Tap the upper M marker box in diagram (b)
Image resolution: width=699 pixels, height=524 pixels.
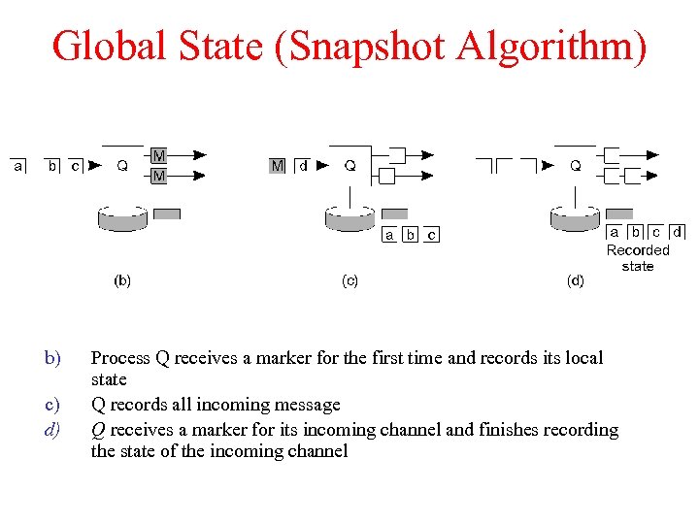[158, 155]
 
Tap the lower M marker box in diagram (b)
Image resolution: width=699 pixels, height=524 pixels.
[158, 176]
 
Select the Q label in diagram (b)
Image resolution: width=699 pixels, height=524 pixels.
[122, 166]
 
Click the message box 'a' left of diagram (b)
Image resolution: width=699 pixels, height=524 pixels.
[18, 166]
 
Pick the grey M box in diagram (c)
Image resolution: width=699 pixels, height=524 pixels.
[278, 166]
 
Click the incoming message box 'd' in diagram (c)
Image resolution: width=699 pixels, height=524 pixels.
[304, 166]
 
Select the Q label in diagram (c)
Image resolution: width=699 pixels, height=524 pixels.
[350, 166]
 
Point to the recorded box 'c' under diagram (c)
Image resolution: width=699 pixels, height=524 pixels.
[431, 235]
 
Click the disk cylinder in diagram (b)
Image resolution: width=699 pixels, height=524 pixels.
[122, 219]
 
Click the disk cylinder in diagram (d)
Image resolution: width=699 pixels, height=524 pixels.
[575, 219]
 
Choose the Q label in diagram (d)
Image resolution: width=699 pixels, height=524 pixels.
[576, 166]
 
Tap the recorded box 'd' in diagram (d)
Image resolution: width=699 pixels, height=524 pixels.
[677, 232]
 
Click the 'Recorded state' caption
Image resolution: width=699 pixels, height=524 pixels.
[638, 258]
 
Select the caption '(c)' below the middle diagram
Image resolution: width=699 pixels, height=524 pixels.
[349, 281]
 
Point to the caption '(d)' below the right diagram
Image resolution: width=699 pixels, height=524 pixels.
[576, 281]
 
